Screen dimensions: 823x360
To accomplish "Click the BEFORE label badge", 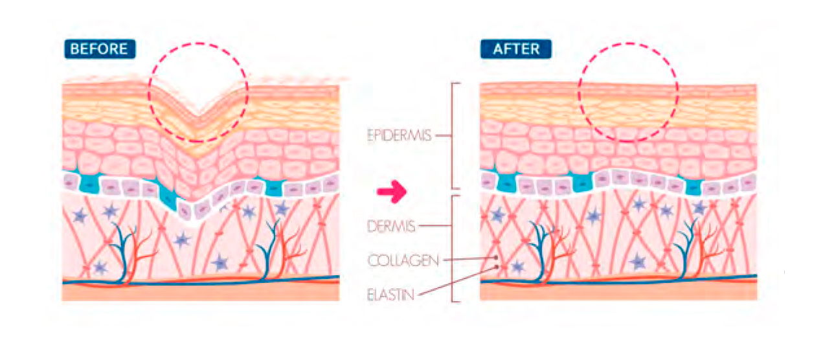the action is (x=100, y=49).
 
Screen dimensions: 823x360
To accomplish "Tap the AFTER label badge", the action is (x=516, y=49).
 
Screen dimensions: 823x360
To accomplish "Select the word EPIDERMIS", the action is (x=399, y=135).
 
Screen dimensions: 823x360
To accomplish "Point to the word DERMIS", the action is (x=391, y=226).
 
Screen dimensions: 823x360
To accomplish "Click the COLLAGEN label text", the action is (x=403, y=260).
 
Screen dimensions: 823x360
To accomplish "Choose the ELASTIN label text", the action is (x=390, y=295).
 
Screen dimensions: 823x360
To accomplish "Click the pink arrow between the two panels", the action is (x=392, y=192).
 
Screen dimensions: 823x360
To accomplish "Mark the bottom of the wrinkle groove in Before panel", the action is (x=197, y=116).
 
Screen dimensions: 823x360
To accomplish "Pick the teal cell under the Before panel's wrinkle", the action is (x=168, y=198).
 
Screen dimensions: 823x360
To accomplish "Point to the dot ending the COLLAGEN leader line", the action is (x=497, y=258).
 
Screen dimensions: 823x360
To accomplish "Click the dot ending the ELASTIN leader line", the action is (x=497, y=267).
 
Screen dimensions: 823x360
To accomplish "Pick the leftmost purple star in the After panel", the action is (x=498, y=214).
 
